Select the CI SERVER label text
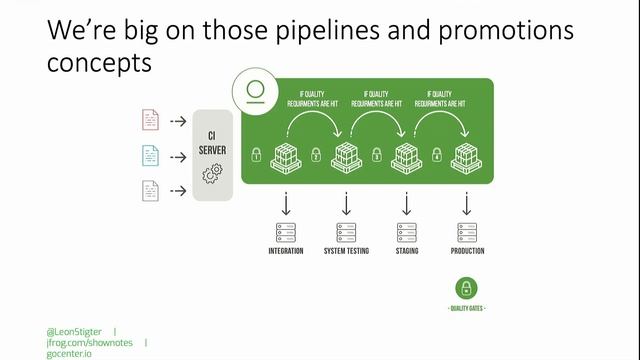212,143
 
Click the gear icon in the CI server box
212,174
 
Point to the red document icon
149,120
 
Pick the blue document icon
149,155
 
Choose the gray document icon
149,190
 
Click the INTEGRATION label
286,251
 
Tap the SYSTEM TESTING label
346,251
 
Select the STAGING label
406,251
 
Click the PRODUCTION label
467,251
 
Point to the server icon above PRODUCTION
467,232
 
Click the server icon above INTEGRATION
286,232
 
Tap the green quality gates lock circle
467,289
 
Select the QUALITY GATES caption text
467,309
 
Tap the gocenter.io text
69,353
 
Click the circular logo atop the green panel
257,91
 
